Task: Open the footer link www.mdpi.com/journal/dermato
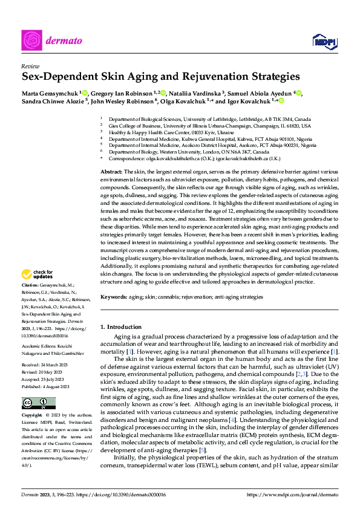point(295,494)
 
